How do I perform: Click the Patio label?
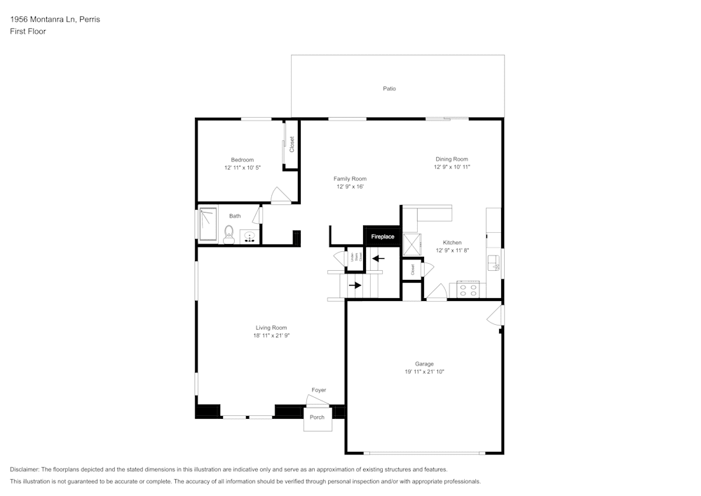(389, 88)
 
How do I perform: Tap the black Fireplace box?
(383, 236)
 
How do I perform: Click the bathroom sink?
(249, 236)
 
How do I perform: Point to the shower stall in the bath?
(208, 224)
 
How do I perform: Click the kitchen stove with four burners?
(468, 288)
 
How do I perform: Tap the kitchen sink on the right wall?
(494, 262)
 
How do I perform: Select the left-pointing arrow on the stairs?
(378, 258)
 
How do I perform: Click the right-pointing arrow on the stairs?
(355, 285)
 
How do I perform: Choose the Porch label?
(318, 417)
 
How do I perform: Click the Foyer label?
(319, 390)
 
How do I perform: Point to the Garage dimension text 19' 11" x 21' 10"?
(424, 372)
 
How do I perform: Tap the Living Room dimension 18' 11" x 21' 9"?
(271, 336)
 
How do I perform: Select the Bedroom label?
(243, 159)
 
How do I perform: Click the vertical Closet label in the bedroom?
(292, 145)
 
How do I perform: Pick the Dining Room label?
(451, 159)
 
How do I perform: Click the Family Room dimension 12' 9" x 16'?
(350, 187)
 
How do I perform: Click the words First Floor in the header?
(28, 32)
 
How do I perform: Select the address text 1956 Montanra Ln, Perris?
(55, 20)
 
